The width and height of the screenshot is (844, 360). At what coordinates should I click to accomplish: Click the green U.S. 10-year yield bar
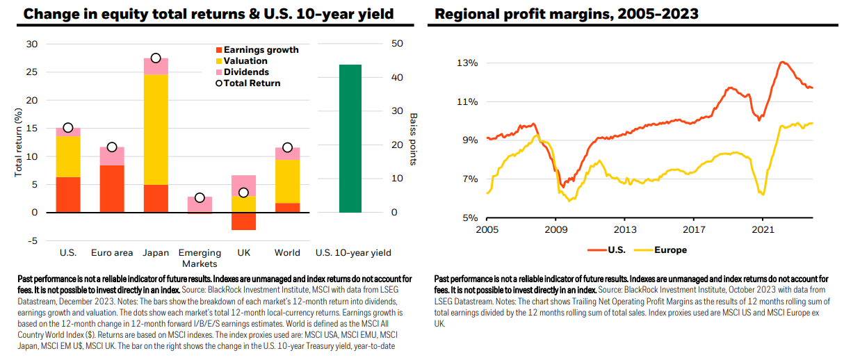(350, 138)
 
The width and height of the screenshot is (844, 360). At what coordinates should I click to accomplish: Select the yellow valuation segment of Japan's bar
(156, 129)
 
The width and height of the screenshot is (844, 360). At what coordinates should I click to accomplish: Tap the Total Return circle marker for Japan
(156, 58)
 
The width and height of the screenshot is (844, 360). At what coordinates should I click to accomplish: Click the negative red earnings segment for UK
(243, 222)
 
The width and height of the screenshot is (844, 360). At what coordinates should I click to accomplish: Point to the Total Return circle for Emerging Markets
(200, 197)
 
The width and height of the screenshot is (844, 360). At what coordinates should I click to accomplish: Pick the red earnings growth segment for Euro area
(112, 189)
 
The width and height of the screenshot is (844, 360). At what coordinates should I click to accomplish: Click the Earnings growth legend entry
(257, 50)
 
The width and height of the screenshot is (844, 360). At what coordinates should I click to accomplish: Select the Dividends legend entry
(242, 72)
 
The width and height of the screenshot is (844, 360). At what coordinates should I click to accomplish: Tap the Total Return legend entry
(248, 83)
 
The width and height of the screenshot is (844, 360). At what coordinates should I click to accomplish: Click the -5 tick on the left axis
(33, 240)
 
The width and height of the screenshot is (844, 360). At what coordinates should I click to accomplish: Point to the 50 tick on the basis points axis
(397, 44)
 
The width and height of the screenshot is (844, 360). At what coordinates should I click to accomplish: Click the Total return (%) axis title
(18, 142)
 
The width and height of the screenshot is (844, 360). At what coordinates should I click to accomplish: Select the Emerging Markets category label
(200, 258)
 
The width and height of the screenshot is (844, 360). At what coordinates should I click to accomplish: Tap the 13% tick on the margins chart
(467, 63)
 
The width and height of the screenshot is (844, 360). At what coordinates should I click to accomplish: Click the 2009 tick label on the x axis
(555, 230)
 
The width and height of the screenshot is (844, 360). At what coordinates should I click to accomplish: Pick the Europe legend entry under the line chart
(660, 250)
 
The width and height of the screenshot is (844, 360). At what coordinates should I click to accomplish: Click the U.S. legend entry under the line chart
(607, 250)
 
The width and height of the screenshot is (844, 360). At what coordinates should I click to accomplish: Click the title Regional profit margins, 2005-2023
(567, 14)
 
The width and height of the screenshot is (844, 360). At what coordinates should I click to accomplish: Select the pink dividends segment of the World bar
(288, 154)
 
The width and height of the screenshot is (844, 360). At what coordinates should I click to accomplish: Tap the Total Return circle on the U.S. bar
(68, 128)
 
